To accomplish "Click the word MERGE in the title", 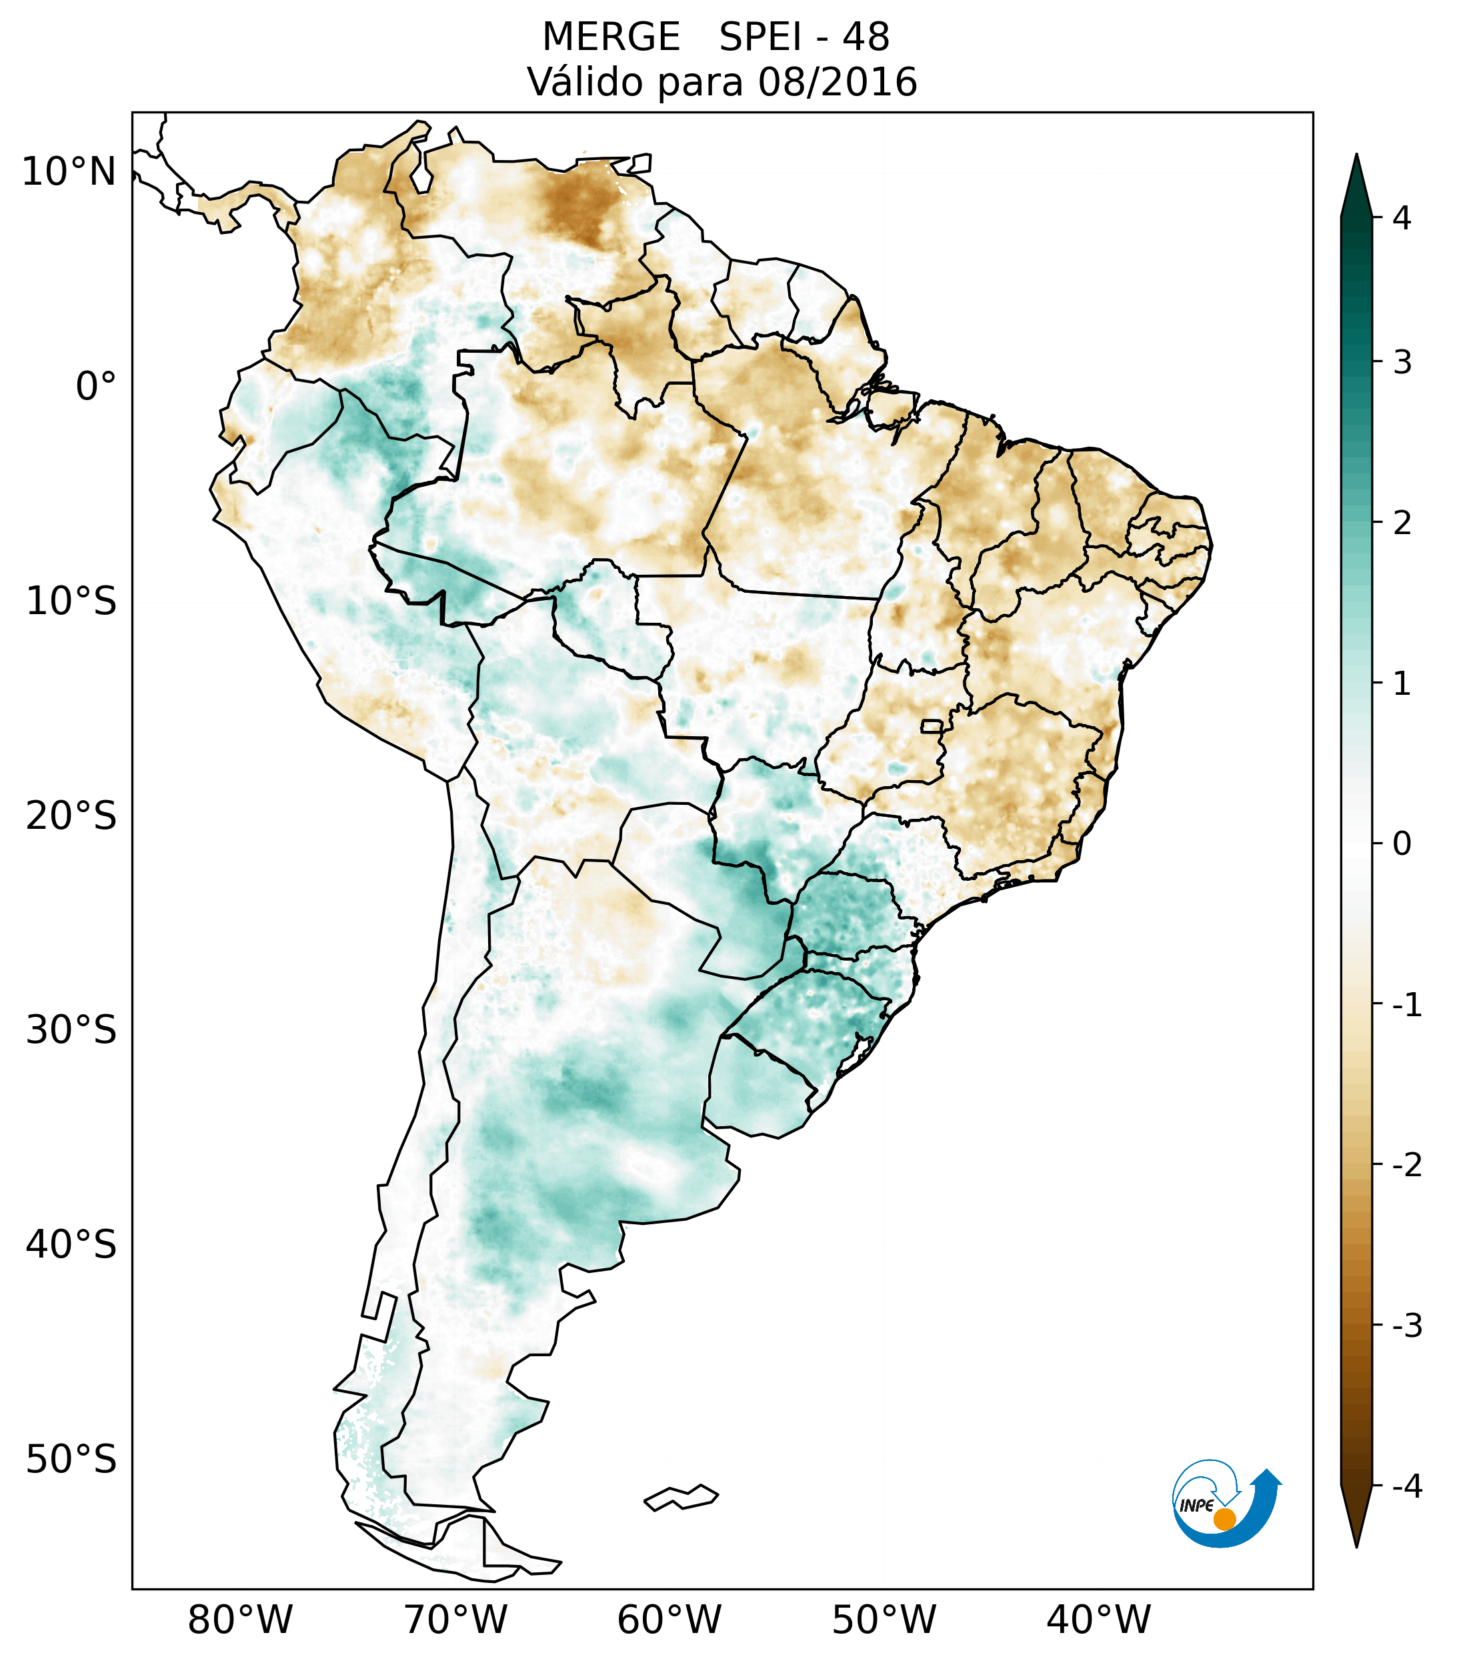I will coord(611,37).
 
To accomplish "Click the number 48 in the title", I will coord(866,37).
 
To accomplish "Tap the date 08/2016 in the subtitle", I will coord(837,82).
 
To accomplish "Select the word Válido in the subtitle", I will coord(585,82).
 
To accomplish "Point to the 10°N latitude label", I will coord(68,172).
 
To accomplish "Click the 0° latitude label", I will coord(95,387).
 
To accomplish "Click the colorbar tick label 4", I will coord(1402,218).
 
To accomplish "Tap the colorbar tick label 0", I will coord(1402,844).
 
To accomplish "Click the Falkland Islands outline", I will coord(681,1497).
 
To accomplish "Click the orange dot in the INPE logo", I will coord(1224,1519).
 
